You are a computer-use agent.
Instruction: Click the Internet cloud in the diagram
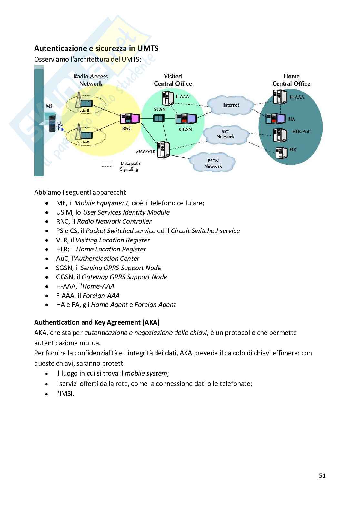click(231, 105)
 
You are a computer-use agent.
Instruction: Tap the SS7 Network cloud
click(225, 134)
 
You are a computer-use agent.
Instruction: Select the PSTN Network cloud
click(213, 163)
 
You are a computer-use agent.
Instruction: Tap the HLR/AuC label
click(301, 132)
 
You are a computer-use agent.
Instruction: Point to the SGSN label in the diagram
click(160, 109)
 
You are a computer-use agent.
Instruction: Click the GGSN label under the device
click(185, 129)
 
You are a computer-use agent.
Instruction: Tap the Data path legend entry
click(130, 163)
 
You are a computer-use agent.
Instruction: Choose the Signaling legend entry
click(129, 169)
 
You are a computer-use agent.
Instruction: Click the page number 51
click(322, 475)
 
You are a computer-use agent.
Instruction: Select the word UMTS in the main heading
click(148, 49)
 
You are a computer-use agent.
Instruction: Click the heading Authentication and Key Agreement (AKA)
click(97, 322)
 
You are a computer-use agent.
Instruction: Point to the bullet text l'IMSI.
click(65, 394)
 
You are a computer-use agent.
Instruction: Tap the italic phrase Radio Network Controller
click(114, 221)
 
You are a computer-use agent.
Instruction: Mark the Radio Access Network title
click(91, 80)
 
